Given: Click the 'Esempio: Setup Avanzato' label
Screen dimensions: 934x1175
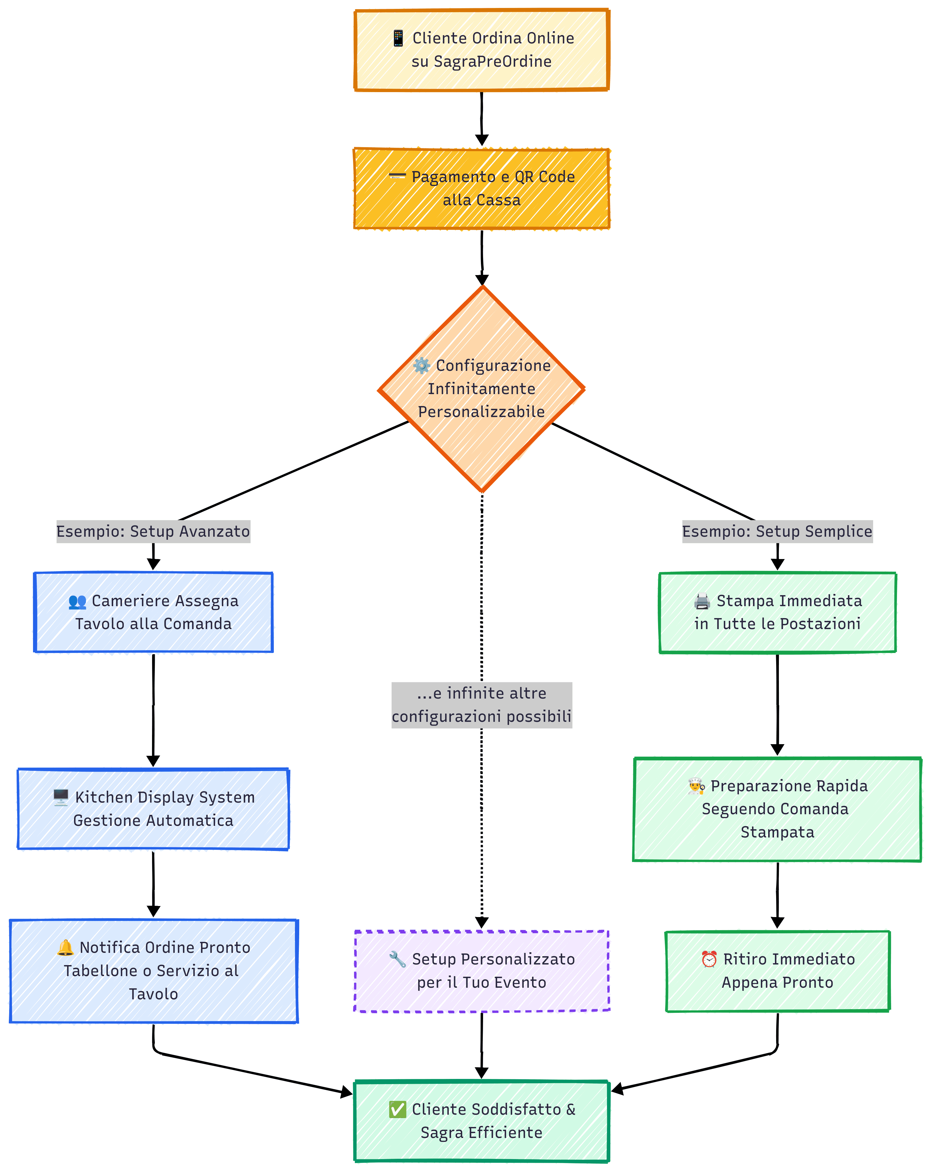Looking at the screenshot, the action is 153,532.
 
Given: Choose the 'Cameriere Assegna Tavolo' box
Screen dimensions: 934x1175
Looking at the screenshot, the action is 153,612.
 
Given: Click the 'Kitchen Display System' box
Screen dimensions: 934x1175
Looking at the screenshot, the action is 153,809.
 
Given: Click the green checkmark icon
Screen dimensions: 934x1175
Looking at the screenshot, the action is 397,1109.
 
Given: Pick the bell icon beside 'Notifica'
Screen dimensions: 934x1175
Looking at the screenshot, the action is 65,947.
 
